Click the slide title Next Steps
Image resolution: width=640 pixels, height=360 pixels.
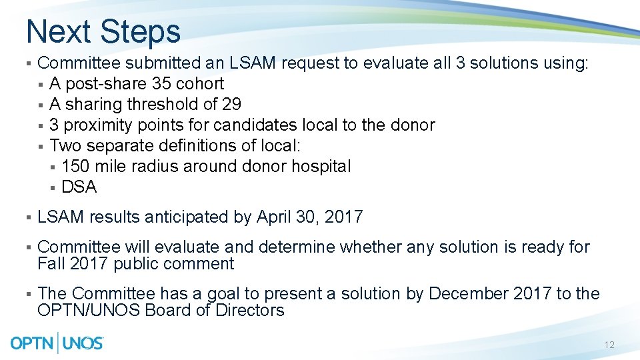103,31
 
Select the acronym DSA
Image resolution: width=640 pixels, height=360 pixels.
79,187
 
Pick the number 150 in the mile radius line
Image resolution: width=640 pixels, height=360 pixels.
75,167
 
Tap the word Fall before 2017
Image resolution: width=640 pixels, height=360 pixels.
51,264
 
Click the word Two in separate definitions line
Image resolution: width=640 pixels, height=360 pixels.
63,146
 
